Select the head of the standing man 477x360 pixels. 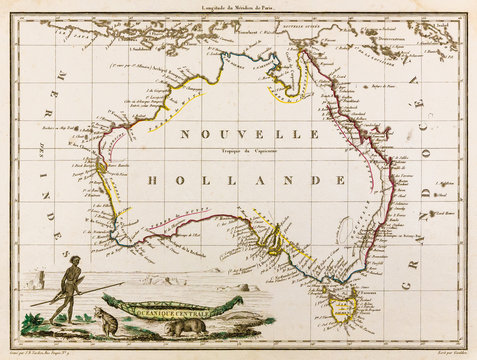(73, 263)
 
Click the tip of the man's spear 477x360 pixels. (124, 285)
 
